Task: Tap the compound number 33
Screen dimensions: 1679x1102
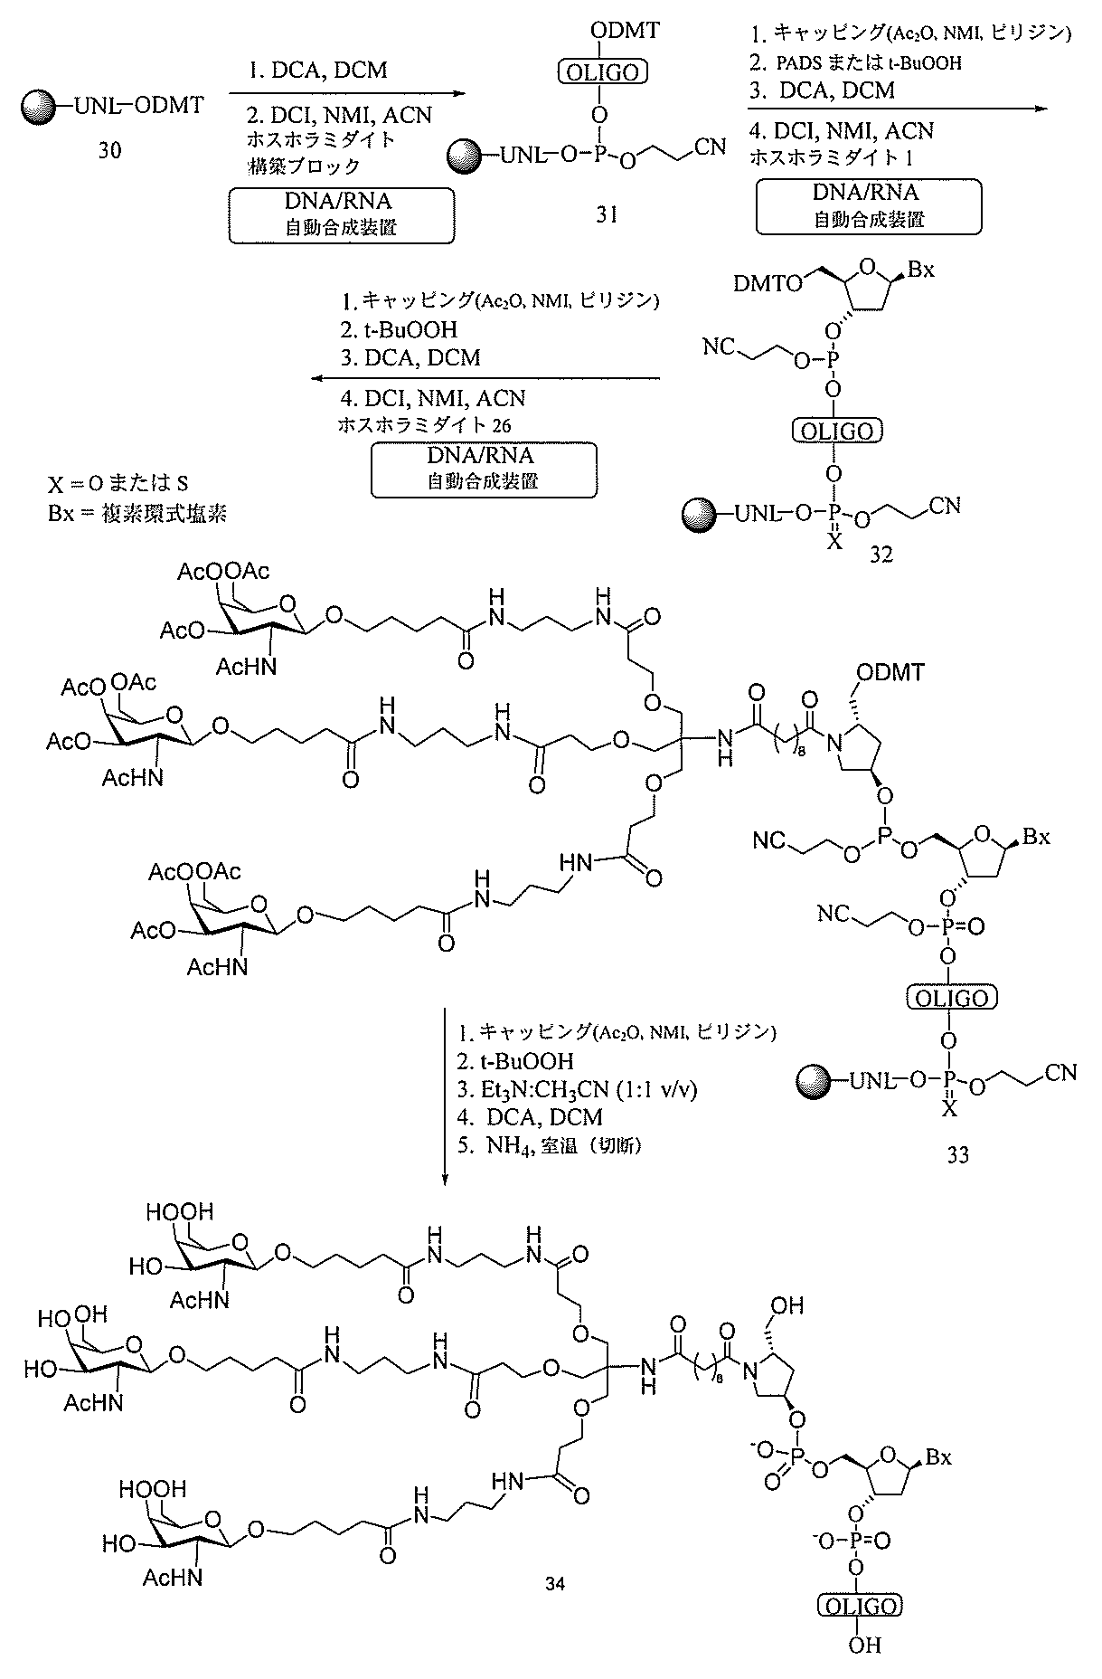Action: coord(958,1154)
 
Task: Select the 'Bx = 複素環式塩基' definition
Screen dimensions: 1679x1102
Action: coord(137,514)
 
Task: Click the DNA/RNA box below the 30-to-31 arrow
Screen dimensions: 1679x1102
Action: coord(341,215)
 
